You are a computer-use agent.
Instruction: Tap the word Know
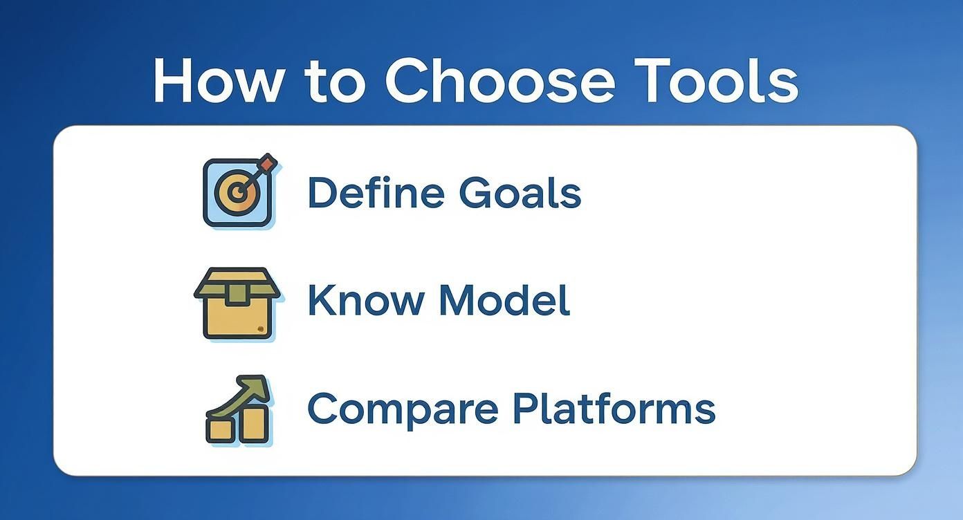(x=365, y=300)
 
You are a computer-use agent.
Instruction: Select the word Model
(x=504, y=300)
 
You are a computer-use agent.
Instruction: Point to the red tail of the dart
(x=267, y=165)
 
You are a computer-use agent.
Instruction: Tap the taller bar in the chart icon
(x=253, y=423)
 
